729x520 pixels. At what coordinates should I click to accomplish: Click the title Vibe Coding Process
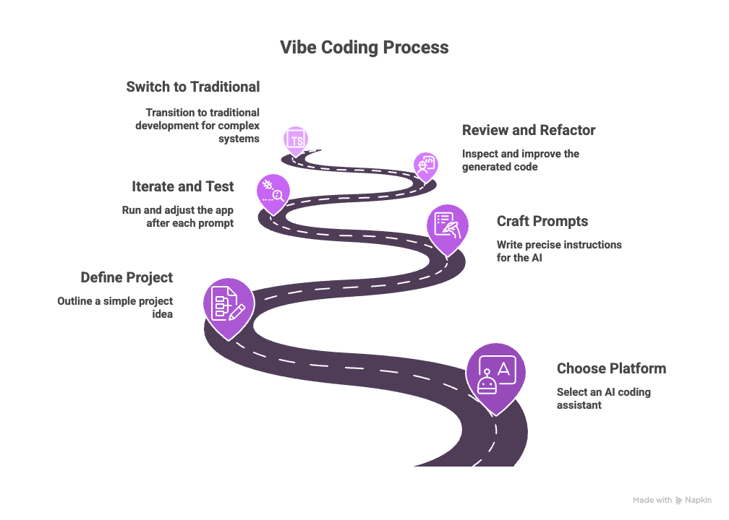point(364,48)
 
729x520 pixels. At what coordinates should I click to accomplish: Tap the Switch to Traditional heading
point(192,87)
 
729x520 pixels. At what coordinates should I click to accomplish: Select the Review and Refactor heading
point(528,130)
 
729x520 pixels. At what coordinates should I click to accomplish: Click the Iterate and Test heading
point(182,186)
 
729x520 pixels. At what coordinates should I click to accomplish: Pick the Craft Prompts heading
point(542,221)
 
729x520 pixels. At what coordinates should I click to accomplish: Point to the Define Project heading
point(127,277)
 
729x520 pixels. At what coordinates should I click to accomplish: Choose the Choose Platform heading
point(611,368)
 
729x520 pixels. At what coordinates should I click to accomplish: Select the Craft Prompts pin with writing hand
point(446,225)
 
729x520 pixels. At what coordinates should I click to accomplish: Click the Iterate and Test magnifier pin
point(273,191)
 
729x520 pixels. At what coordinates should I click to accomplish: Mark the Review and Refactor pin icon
point(425,163)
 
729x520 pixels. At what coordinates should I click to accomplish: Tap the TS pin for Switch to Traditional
point(296,139)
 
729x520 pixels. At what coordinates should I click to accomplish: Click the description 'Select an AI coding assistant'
point(603,398)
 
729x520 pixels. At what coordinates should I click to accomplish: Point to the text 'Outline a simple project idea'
point(115,308)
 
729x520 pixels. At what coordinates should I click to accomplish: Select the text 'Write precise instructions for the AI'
point(559,251)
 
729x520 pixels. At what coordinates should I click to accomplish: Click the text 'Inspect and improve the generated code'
point(520,160)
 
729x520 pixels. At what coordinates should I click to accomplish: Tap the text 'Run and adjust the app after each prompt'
point(178,217)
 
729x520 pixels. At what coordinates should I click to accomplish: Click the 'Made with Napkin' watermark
point(672,500)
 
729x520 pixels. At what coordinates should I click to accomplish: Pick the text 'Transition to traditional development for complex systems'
point(197,125)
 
